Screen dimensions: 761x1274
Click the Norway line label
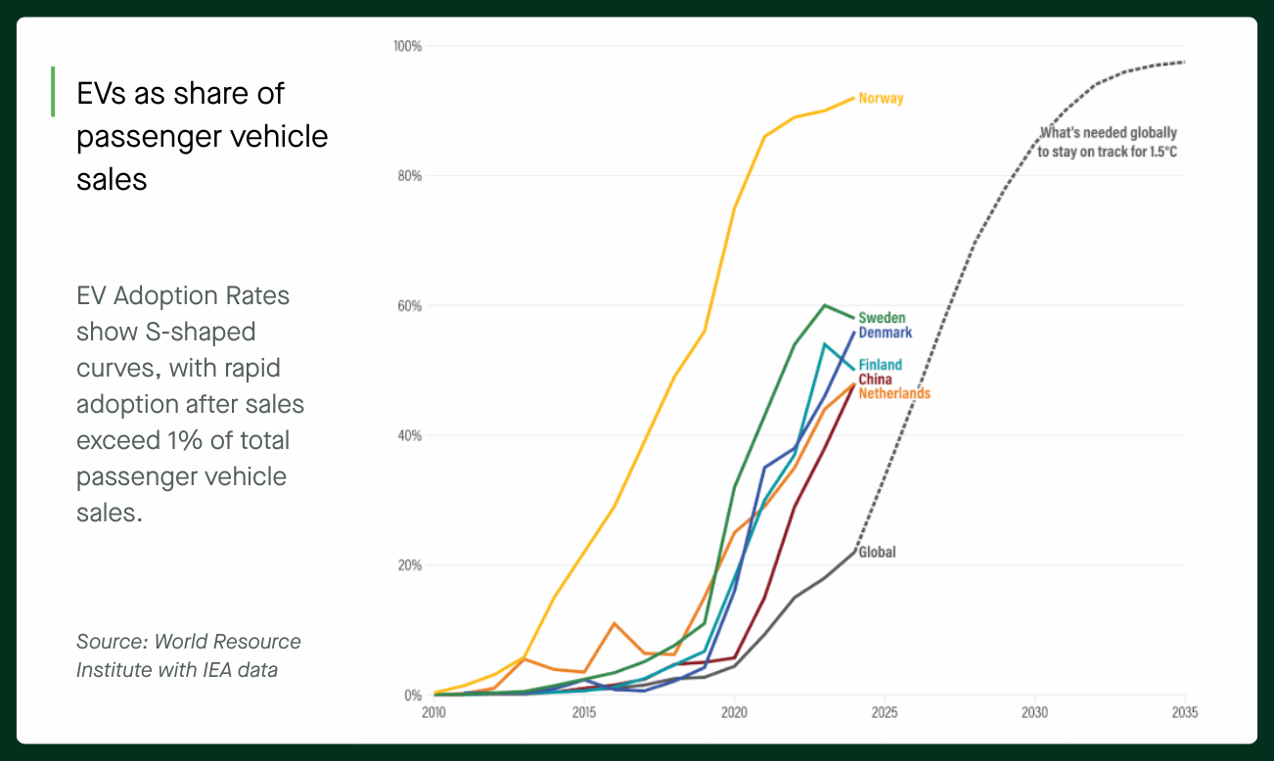click(x=881, y=98)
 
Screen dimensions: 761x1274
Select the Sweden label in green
click(x=882, y=318)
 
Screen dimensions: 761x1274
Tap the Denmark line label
click(x=885, y=333)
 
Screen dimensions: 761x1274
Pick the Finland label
click(x=880, y=365)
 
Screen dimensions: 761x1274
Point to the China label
click(x=875, y=380)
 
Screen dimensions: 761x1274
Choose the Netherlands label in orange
click(x=894, y=393)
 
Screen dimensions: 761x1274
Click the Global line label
click(x=877, y=552)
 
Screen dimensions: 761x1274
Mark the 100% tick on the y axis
click(x=407, y=46)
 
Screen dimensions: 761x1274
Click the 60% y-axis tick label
click(x=409, y=306)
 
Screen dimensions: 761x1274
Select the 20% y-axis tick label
click(x=409, y=565)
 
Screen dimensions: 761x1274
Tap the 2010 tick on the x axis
click(x=433, y=712)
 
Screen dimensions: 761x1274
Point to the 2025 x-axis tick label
click(x=885, y=712)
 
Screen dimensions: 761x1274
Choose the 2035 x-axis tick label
click(x=1184, y=712)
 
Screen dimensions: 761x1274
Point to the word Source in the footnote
click(x=109, y=642)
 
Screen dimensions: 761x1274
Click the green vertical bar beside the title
click(x=53, y=92)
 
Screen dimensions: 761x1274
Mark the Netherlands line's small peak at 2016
click(x=614, y=623)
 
